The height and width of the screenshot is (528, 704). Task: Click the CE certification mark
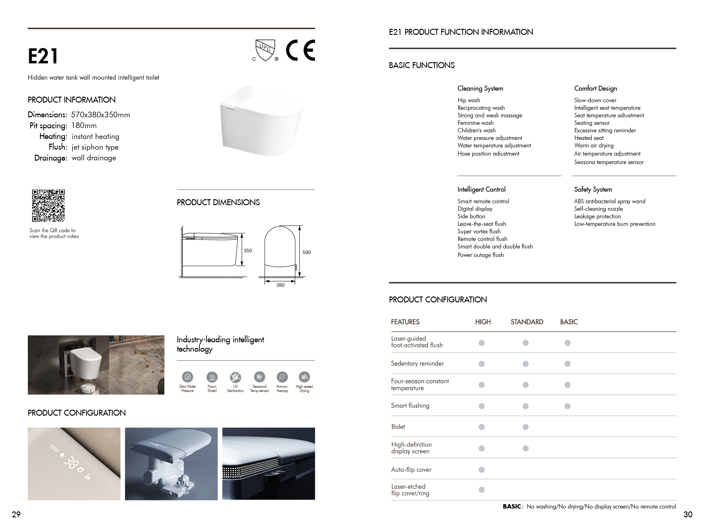tap(300, 50)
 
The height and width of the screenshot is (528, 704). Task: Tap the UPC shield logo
tap(265, 50)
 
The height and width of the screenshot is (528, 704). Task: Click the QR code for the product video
tap(48, 205)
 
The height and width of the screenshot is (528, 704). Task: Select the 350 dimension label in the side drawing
tap(248, 250)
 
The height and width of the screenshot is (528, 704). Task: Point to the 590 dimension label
tap(307, 252)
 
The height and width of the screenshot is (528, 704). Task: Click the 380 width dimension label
tap(280, 285)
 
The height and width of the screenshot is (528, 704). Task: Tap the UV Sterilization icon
tap(236, 377)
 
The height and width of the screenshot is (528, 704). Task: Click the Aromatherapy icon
tap(282, 377)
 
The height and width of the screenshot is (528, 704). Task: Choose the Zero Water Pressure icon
tap(188, 377)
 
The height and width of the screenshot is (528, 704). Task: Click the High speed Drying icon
tap(304, 377)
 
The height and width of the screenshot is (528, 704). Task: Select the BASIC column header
tap(569, 322)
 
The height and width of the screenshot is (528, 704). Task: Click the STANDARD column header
tap(527, 322)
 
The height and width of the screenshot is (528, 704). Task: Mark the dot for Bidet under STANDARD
tap(525, 427)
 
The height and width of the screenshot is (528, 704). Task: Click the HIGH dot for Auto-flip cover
tap(482, 469)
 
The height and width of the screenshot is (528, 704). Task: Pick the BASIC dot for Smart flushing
tap(568, 406)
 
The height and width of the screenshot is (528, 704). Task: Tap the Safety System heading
tap(593, 189)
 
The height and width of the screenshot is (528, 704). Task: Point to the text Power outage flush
tap(481, 255)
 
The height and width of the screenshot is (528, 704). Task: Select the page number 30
tap(688, 514)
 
